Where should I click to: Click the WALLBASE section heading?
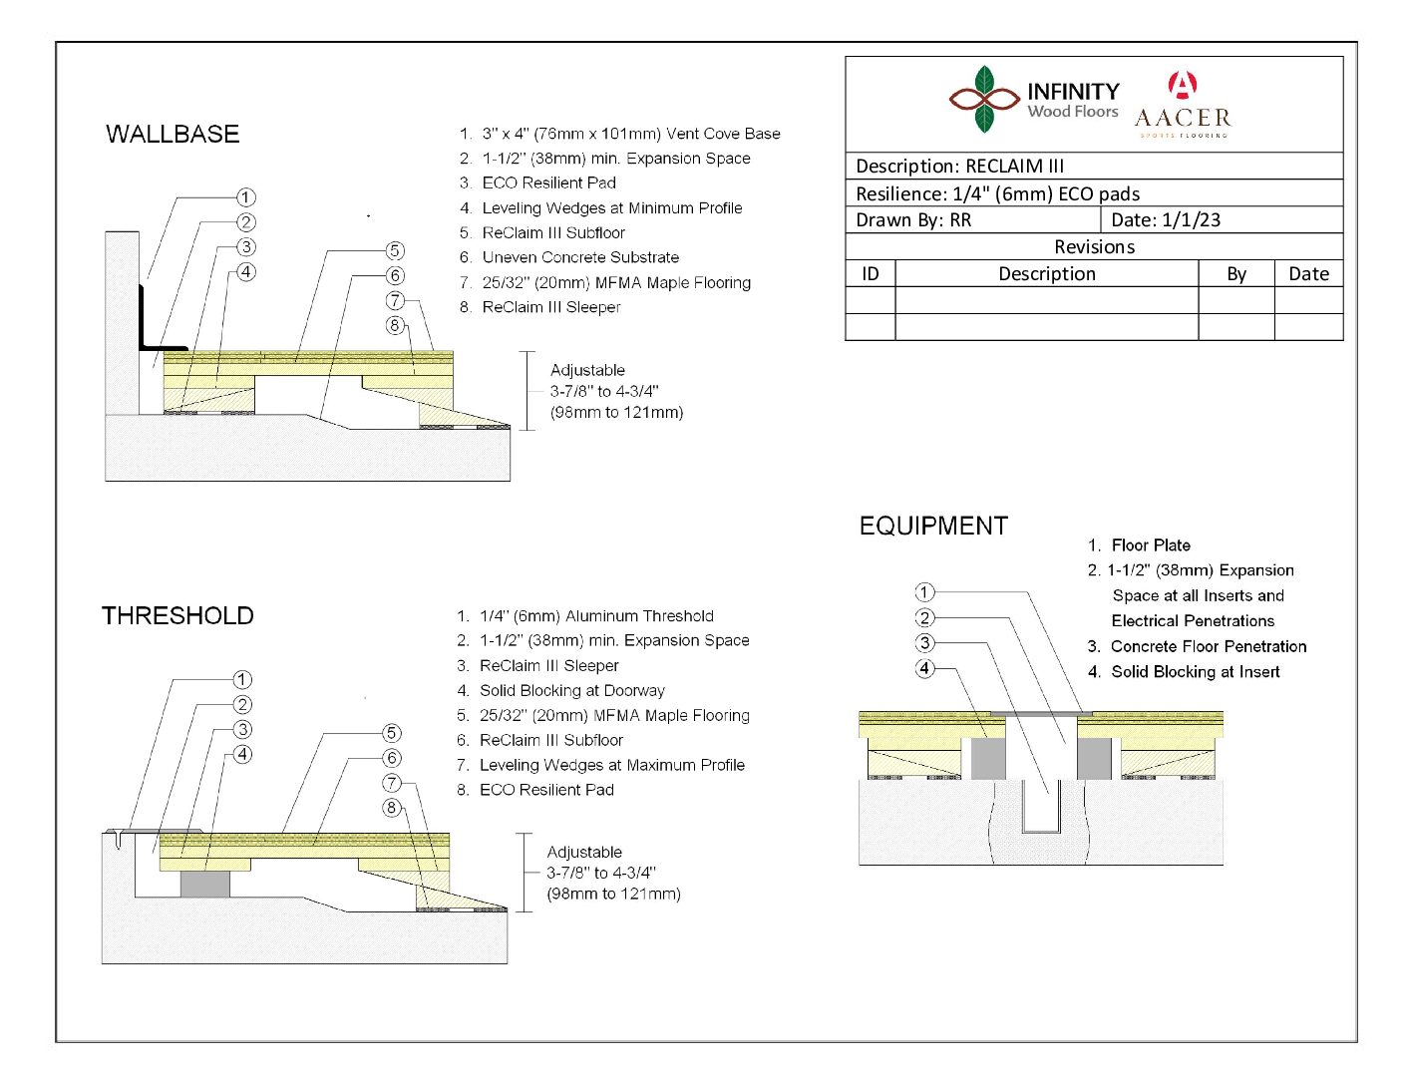coord(173,135)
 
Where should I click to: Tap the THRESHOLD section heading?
coord(177,616)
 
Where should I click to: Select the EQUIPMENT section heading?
coord(933,527)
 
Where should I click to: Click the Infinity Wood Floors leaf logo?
coord(984,99)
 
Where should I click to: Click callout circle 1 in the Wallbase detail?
coord(245,197)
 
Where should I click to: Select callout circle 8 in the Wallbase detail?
coord(395,325)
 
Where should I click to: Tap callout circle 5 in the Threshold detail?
coord(392,733)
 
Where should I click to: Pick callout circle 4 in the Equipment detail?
coord(925,668)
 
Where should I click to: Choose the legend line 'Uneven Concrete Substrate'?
coord(580,257)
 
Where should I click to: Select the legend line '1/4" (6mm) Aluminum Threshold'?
coord(596,616)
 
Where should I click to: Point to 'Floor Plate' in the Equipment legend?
coord(1151,545)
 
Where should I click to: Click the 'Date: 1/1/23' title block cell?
coord(1166,220)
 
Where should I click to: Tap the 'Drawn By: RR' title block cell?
coord(913,220)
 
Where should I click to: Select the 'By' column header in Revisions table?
coord(1236,274)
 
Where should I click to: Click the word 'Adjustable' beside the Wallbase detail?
coord(587,370)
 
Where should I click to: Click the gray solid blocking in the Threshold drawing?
coord(205,884)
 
